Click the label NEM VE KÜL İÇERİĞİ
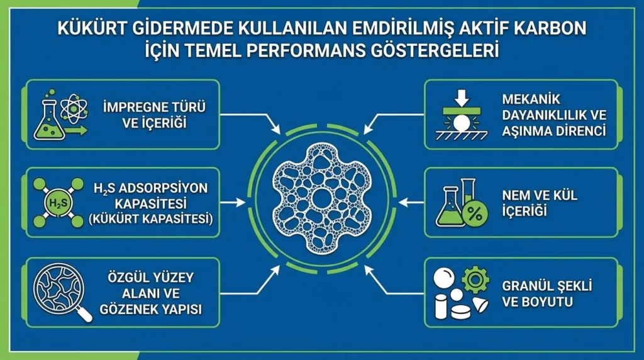pyautogui.click(x=540, y=203)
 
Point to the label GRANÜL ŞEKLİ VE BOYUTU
pyautogui.click(x=546, y=293)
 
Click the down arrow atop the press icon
pyautogui.click(x=461, y=98)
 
